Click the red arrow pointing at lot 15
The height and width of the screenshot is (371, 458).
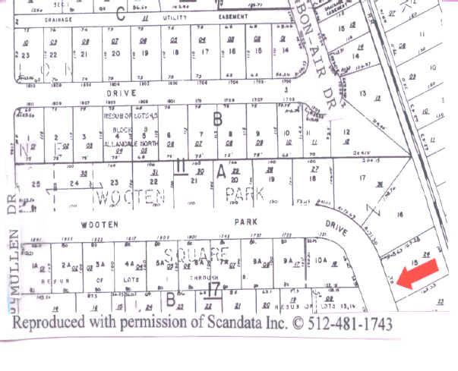tap(418, 274)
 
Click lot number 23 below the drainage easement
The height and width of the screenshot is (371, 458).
tap(25, 55)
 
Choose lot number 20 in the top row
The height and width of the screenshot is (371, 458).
tap(115, 54)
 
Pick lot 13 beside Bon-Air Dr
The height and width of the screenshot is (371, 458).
tap(362, 93)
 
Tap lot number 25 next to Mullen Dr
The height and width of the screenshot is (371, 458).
tap(34, 184)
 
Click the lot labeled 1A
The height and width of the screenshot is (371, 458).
tap(33, 265)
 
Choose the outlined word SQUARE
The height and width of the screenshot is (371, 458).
tap(194, 252)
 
